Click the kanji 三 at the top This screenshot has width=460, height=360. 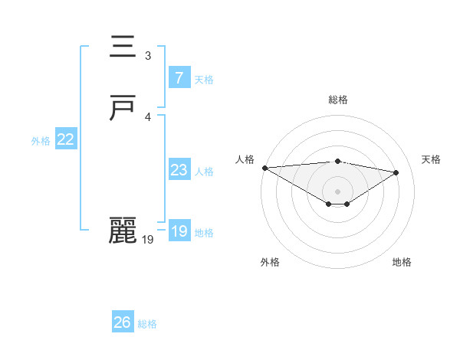(123, 47)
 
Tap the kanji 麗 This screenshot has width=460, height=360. (123, 231)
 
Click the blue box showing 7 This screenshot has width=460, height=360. (179, 77)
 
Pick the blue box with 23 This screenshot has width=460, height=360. (179, 170)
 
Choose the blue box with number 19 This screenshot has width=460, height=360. (179, 231)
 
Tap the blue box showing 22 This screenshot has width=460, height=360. (66, 139)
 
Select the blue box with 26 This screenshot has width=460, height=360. (123, 322)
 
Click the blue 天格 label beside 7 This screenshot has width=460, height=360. (204, 79)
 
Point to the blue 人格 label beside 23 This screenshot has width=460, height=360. (204, 172)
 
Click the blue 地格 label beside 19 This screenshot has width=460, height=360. (204, 233)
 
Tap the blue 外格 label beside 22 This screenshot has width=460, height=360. (41, 141)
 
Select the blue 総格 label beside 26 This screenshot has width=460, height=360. (147, 324)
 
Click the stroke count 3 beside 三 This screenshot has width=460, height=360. (148, 55)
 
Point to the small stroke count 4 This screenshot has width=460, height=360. (148, 116)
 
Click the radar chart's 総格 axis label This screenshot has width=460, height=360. (337, 100)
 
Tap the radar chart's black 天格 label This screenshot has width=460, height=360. (431, 159)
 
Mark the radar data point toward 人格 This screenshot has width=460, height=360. (264, 168)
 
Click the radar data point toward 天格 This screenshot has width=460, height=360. (396, 172)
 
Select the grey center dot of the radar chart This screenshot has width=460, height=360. (337, 191)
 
